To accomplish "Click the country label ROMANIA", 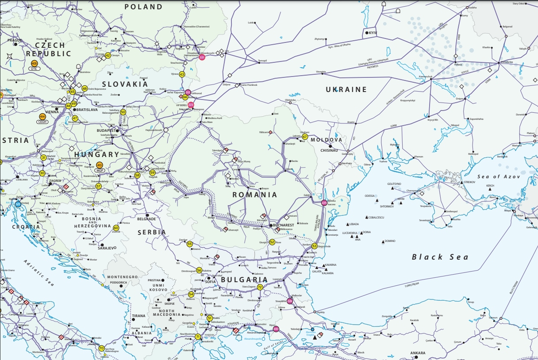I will [255, 195].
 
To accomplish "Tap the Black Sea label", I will [440, 257].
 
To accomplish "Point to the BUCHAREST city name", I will [284, 225].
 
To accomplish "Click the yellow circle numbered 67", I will [305, 137].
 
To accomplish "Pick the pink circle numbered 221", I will [202, 57].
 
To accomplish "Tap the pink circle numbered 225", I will [324, 203].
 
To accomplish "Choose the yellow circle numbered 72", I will [260, 287].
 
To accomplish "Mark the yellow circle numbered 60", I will [116, 228].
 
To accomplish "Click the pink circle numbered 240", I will [276, 329].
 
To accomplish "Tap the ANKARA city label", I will [418, 353].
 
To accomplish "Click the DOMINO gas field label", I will [390, 241].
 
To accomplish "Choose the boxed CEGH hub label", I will [42, 122].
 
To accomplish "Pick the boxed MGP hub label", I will [100, 170].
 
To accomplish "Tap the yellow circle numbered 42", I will [108, 55].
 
